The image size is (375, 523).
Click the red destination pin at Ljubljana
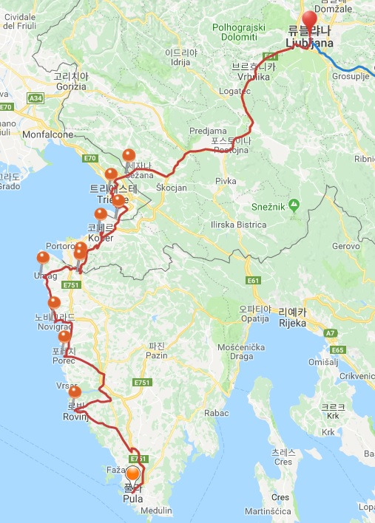point(308,21)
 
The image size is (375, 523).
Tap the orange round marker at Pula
point(133,475)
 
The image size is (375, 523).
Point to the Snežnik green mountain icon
point(294,203)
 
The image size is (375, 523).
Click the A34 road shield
point(36,98)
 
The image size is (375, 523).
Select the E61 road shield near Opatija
point(254,281)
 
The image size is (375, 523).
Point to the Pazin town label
point(157,355)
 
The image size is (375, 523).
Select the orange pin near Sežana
point(129,155)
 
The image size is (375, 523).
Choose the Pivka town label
point(226,180)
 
